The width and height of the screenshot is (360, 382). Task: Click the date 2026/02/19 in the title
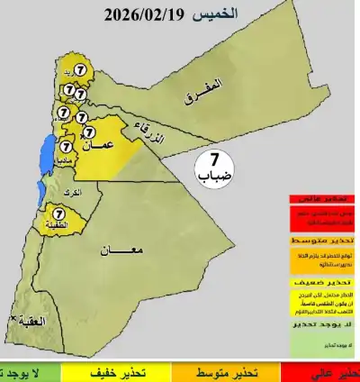click(x=144, y=15)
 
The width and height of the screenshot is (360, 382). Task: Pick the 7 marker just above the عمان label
click(x=89, y=132)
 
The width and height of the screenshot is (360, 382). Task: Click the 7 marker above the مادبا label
click(x=66, y=144)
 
